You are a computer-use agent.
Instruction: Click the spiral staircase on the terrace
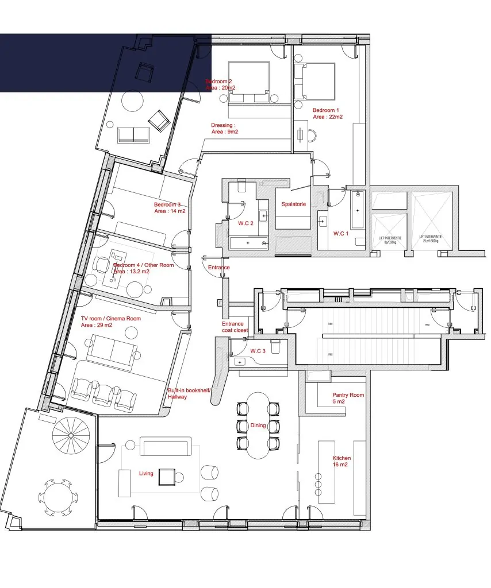68,439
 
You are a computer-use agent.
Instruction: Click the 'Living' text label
146,473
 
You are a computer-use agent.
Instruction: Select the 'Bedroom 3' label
167,204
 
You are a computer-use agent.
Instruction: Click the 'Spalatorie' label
293,204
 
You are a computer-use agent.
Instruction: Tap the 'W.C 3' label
258,351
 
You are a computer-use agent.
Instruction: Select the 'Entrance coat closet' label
235,327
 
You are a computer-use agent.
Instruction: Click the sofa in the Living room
166,446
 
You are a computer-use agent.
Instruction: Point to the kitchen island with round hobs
327,471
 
